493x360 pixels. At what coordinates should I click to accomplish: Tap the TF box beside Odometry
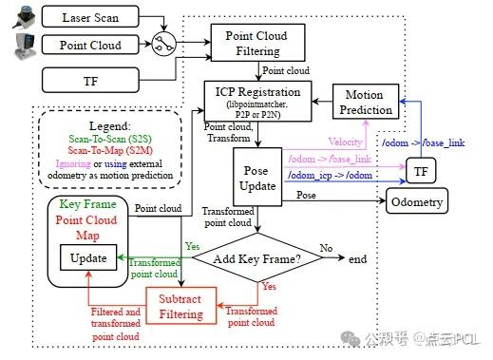click(x=419, y=170)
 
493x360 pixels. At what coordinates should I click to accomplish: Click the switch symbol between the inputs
click(x=166, y=42)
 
